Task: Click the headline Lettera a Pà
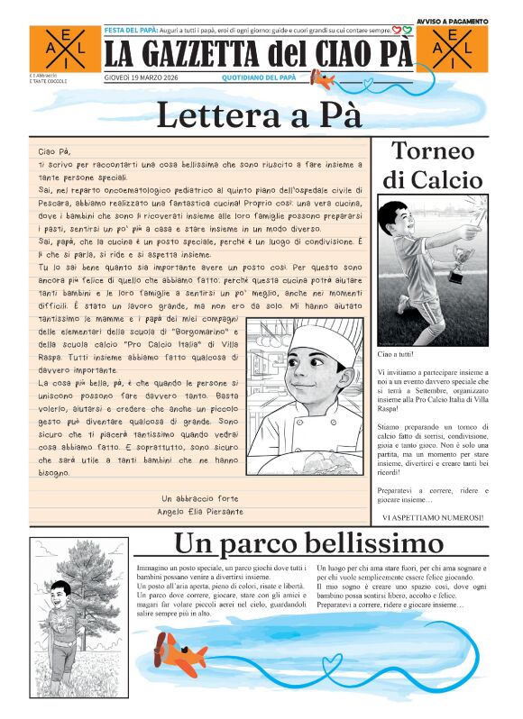coord(260,115)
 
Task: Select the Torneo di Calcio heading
coord(432,164)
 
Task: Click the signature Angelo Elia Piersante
coord(200,512)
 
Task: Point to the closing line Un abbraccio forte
coord(200,498)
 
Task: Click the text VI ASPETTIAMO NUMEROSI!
coord(432,517)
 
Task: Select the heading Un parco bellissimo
coord(308,544)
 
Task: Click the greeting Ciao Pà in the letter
coord(54,151)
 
